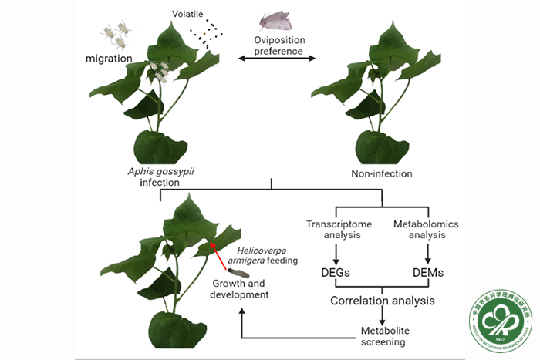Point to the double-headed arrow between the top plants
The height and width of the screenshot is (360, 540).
[x=275, y=59]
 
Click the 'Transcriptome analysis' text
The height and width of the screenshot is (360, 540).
[x=335, y=230]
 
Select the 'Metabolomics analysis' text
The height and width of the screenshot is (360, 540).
[x=426, y=230]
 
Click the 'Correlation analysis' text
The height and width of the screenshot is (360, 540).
[x=380, y=301]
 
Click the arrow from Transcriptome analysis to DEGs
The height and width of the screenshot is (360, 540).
[x=335, y=253]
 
